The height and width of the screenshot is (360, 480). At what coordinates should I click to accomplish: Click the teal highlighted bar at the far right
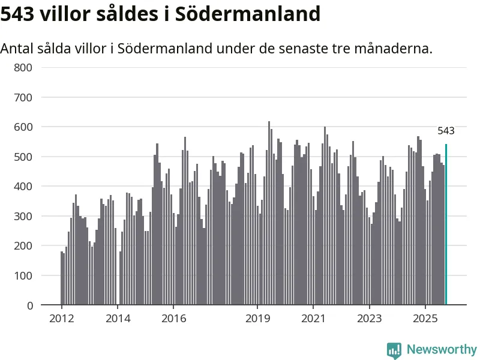446,225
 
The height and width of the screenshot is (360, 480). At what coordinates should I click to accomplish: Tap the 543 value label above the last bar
446,131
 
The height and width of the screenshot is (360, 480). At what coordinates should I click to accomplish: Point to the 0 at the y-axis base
29,305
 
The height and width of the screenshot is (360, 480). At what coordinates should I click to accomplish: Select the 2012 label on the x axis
62,318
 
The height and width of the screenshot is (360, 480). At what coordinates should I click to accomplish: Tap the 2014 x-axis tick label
118,318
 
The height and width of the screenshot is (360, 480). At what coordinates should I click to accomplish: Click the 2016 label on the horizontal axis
173,318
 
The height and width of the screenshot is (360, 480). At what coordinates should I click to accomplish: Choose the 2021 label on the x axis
313,318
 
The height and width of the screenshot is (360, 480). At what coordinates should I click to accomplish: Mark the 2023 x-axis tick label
369,318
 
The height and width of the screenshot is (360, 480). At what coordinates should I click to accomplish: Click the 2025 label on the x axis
425,318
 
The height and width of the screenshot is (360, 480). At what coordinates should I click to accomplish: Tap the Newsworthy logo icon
394,350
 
